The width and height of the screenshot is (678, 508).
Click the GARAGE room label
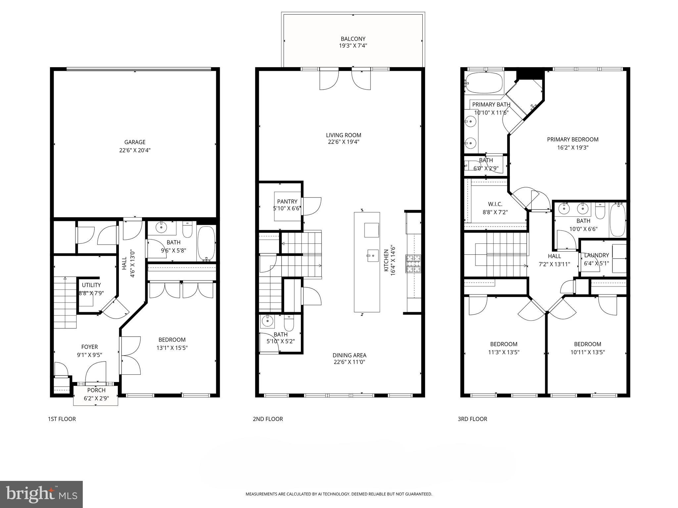[135, 142]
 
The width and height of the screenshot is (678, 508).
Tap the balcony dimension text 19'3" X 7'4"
[353, 46]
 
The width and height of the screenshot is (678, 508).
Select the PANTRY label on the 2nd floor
[287, 201]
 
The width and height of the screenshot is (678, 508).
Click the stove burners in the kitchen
[413, 264]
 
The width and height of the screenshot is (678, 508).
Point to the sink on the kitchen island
[372, 255]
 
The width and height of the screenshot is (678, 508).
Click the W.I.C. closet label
[495, 204]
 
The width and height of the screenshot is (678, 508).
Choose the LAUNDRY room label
[596, 255]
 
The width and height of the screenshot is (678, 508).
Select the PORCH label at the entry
[96, 390]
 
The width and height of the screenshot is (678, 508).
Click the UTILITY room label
[91, 285]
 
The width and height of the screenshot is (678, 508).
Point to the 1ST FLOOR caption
[62, 419]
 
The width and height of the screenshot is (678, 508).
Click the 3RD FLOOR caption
[472, 419]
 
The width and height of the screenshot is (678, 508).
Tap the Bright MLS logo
[41, 494]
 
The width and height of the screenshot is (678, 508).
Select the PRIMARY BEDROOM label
[572, 140]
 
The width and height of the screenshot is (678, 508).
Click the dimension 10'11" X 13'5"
[587, 352]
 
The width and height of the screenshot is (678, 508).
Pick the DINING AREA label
[349, 355]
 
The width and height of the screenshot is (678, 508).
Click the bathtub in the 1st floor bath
[206, 243]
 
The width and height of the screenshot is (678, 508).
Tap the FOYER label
[89, 347]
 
